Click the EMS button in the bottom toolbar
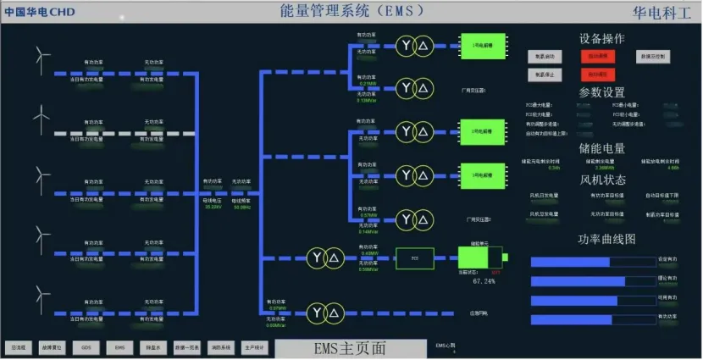(x=119, y=347)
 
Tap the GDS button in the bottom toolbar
(x=86, y=347)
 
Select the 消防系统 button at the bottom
(x=219, y=347)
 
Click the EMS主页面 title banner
(x=350, y=348)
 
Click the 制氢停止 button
(x=545, y=75)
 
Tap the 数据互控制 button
(x=653, y=56)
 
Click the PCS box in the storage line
(x=415, y=256)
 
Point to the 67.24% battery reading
(x=484, y=280)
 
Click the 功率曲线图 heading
(x=606, y=240)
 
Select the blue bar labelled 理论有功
(x=577, y=280)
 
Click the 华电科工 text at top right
(x=661, y=12)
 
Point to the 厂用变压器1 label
(x=473, y=89)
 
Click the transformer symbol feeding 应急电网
(x=324, y=313)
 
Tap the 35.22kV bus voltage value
(x=213, y=206)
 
